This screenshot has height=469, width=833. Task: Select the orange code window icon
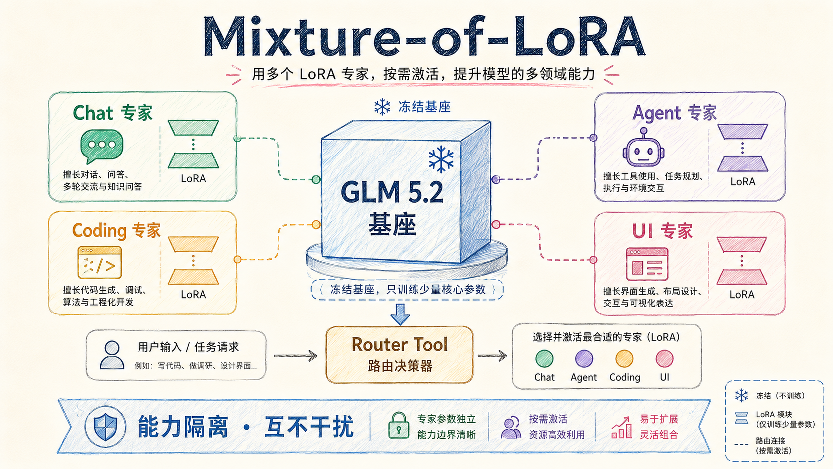[x=99, y=263]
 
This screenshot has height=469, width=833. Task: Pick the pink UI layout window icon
[x=647, y=264]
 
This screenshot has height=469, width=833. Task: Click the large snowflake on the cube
[x=441, y=159]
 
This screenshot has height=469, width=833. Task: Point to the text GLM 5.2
[x=392, y=192]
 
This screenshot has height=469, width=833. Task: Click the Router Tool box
[x=400, y=355]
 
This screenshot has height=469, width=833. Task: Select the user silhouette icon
[x=112, y=355]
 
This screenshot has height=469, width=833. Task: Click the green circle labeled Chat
[x=544, y=359]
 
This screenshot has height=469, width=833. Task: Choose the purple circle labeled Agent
[x=584, y=359]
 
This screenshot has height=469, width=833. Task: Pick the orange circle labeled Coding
[x=624, y=359]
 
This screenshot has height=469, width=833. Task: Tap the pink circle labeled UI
[x=664, y=359]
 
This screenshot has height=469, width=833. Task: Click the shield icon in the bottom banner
[x=105, y=426]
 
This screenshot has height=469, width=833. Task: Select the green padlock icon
[x=398, y=425]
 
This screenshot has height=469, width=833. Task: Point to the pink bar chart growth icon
[x=621, y=427]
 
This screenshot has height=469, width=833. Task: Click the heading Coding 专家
[x=117, y=231]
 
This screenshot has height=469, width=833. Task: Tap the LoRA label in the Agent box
[x=743, y=182]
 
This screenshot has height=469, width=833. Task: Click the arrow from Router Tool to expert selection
[x=492, y=356]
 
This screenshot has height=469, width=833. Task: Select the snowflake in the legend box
[x=741, y=395]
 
